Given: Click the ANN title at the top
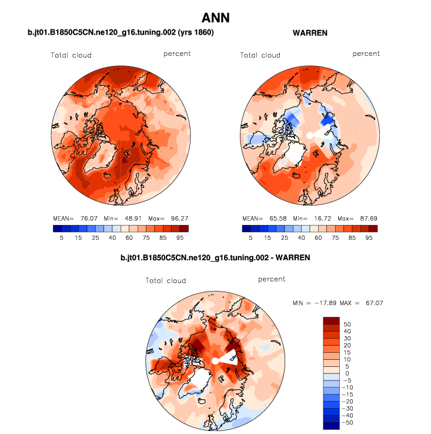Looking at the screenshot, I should tap(215, 18).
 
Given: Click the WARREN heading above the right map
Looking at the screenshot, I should tap(310, 33).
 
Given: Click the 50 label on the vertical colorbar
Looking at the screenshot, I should tap(348, 324).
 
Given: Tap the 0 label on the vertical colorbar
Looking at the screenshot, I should tap(346, 374).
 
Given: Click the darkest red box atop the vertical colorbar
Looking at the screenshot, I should tap(330, 320).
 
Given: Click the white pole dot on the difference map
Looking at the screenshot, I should tap(215, 360).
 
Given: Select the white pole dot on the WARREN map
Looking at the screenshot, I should tap(309, 135).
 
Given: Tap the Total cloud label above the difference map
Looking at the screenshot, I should tap(166, 280).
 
